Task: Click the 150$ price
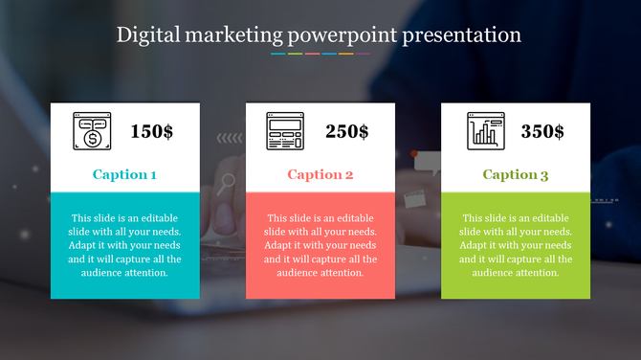pos(151,132)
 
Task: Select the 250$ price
pos(346,132)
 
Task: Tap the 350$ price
pos(542,132)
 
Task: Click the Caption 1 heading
pos(124,174)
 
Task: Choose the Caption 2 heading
pos(320,174)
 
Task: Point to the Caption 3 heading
pos(516,174)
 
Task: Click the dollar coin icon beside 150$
pos(92,131)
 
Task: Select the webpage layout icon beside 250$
pos(285,131)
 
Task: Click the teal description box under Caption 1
pos(125,245)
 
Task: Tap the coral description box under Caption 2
pos(320,245)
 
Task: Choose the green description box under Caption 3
pos(516,245)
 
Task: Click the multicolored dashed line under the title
pos(320,54)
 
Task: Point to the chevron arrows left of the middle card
pos(230,138)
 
